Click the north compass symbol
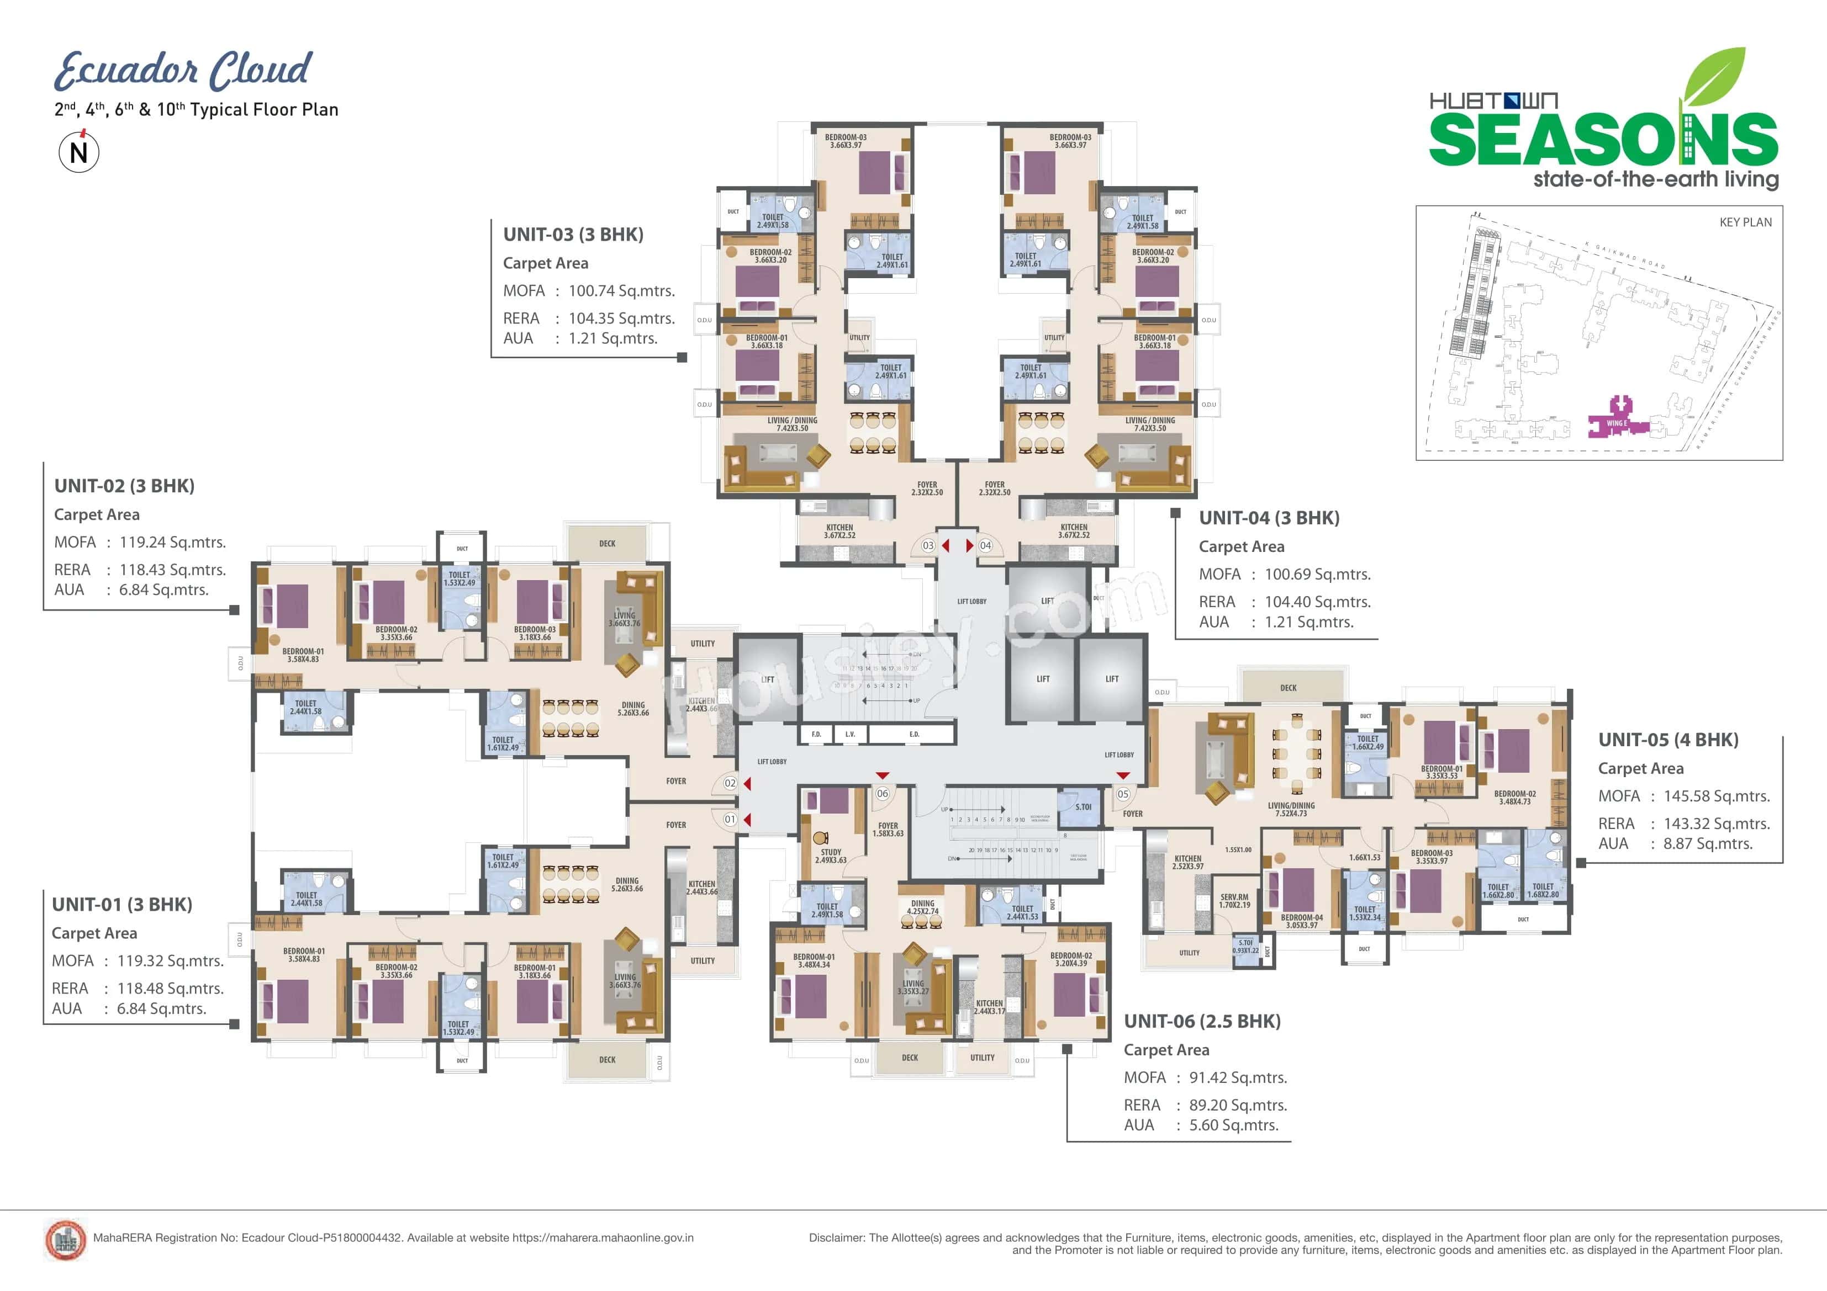(x=79, y=151)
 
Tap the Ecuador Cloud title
(x=183, y=70)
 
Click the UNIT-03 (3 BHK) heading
(x=573, y=235)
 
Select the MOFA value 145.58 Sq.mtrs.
(x=1717, y=796)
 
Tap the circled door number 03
(x=928, y=546)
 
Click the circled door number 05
(x=1123, y=794)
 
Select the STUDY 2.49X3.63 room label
(x=831, y=856)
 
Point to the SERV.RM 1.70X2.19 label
(x=1234, y=900)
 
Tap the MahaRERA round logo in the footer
(x=65, y=1239)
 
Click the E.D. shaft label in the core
(x=913, y=734)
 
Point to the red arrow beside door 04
(x=969, y=546)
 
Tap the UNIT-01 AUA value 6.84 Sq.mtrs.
(x=161, y=1008)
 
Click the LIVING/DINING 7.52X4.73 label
(x=1291, y=810)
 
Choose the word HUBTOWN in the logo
(x=1493, y=101)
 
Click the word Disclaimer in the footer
(x=836, y=1237)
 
